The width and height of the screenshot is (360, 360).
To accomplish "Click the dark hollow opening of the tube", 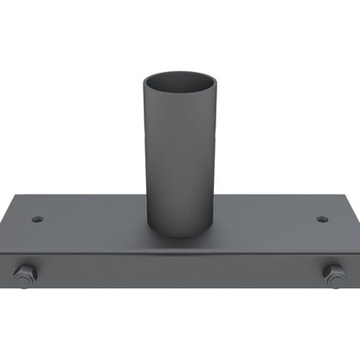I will pyautogui.click(x=179, y=85).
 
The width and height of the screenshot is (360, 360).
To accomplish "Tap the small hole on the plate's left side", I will pyautogui.click(x=37, y=219).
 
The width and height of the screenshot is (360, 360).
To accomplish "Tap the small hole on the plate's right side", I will pyautogui.click(x=322, y=219).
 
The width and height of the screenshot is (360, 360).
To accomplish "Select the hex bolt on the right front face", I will pyautogui.click(x=334, y=274).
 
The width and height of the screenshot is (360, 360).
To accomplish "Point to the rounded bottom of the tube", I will pyautogui.click(x=179, y=231).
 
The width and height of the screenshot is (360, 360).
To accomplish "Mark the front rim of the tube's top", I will pyautogui.click(x=179, y=96).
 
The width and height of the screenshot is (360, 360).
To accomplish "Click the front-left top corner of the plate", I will pyautogui.click(x=4, y=257).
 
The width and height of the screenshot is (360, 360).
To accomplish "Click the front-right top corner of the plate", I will pyautogui.click(x=356, y=257).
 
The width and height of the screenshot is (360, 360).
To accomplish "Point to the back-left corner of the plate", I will pyautogui.click(x=32, y=196).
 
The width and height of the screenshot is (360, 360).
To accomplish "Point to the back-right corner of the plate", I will pyautogui.click(x=327, y=196).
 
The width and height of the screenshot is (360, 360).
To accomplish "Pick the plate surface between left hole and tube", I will pyautogui.click(x=91, y=220).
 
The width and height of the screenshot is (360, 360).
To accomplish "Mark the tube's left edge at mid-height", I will pyautogui.click(x=145, y=156).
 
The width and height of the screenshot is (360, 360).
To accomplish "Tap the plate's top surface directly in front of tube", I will pyautogui.click(x=179, y=247).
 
